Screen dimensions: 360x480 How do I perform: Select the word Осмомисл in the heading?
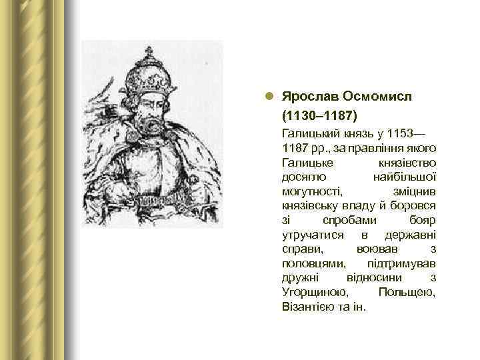tap(376, 97)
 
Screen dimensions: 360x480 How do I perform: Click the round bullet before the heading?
tap(269, 97)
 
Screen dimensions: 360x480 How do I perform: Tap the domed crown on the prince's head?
tap(149, 77)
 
